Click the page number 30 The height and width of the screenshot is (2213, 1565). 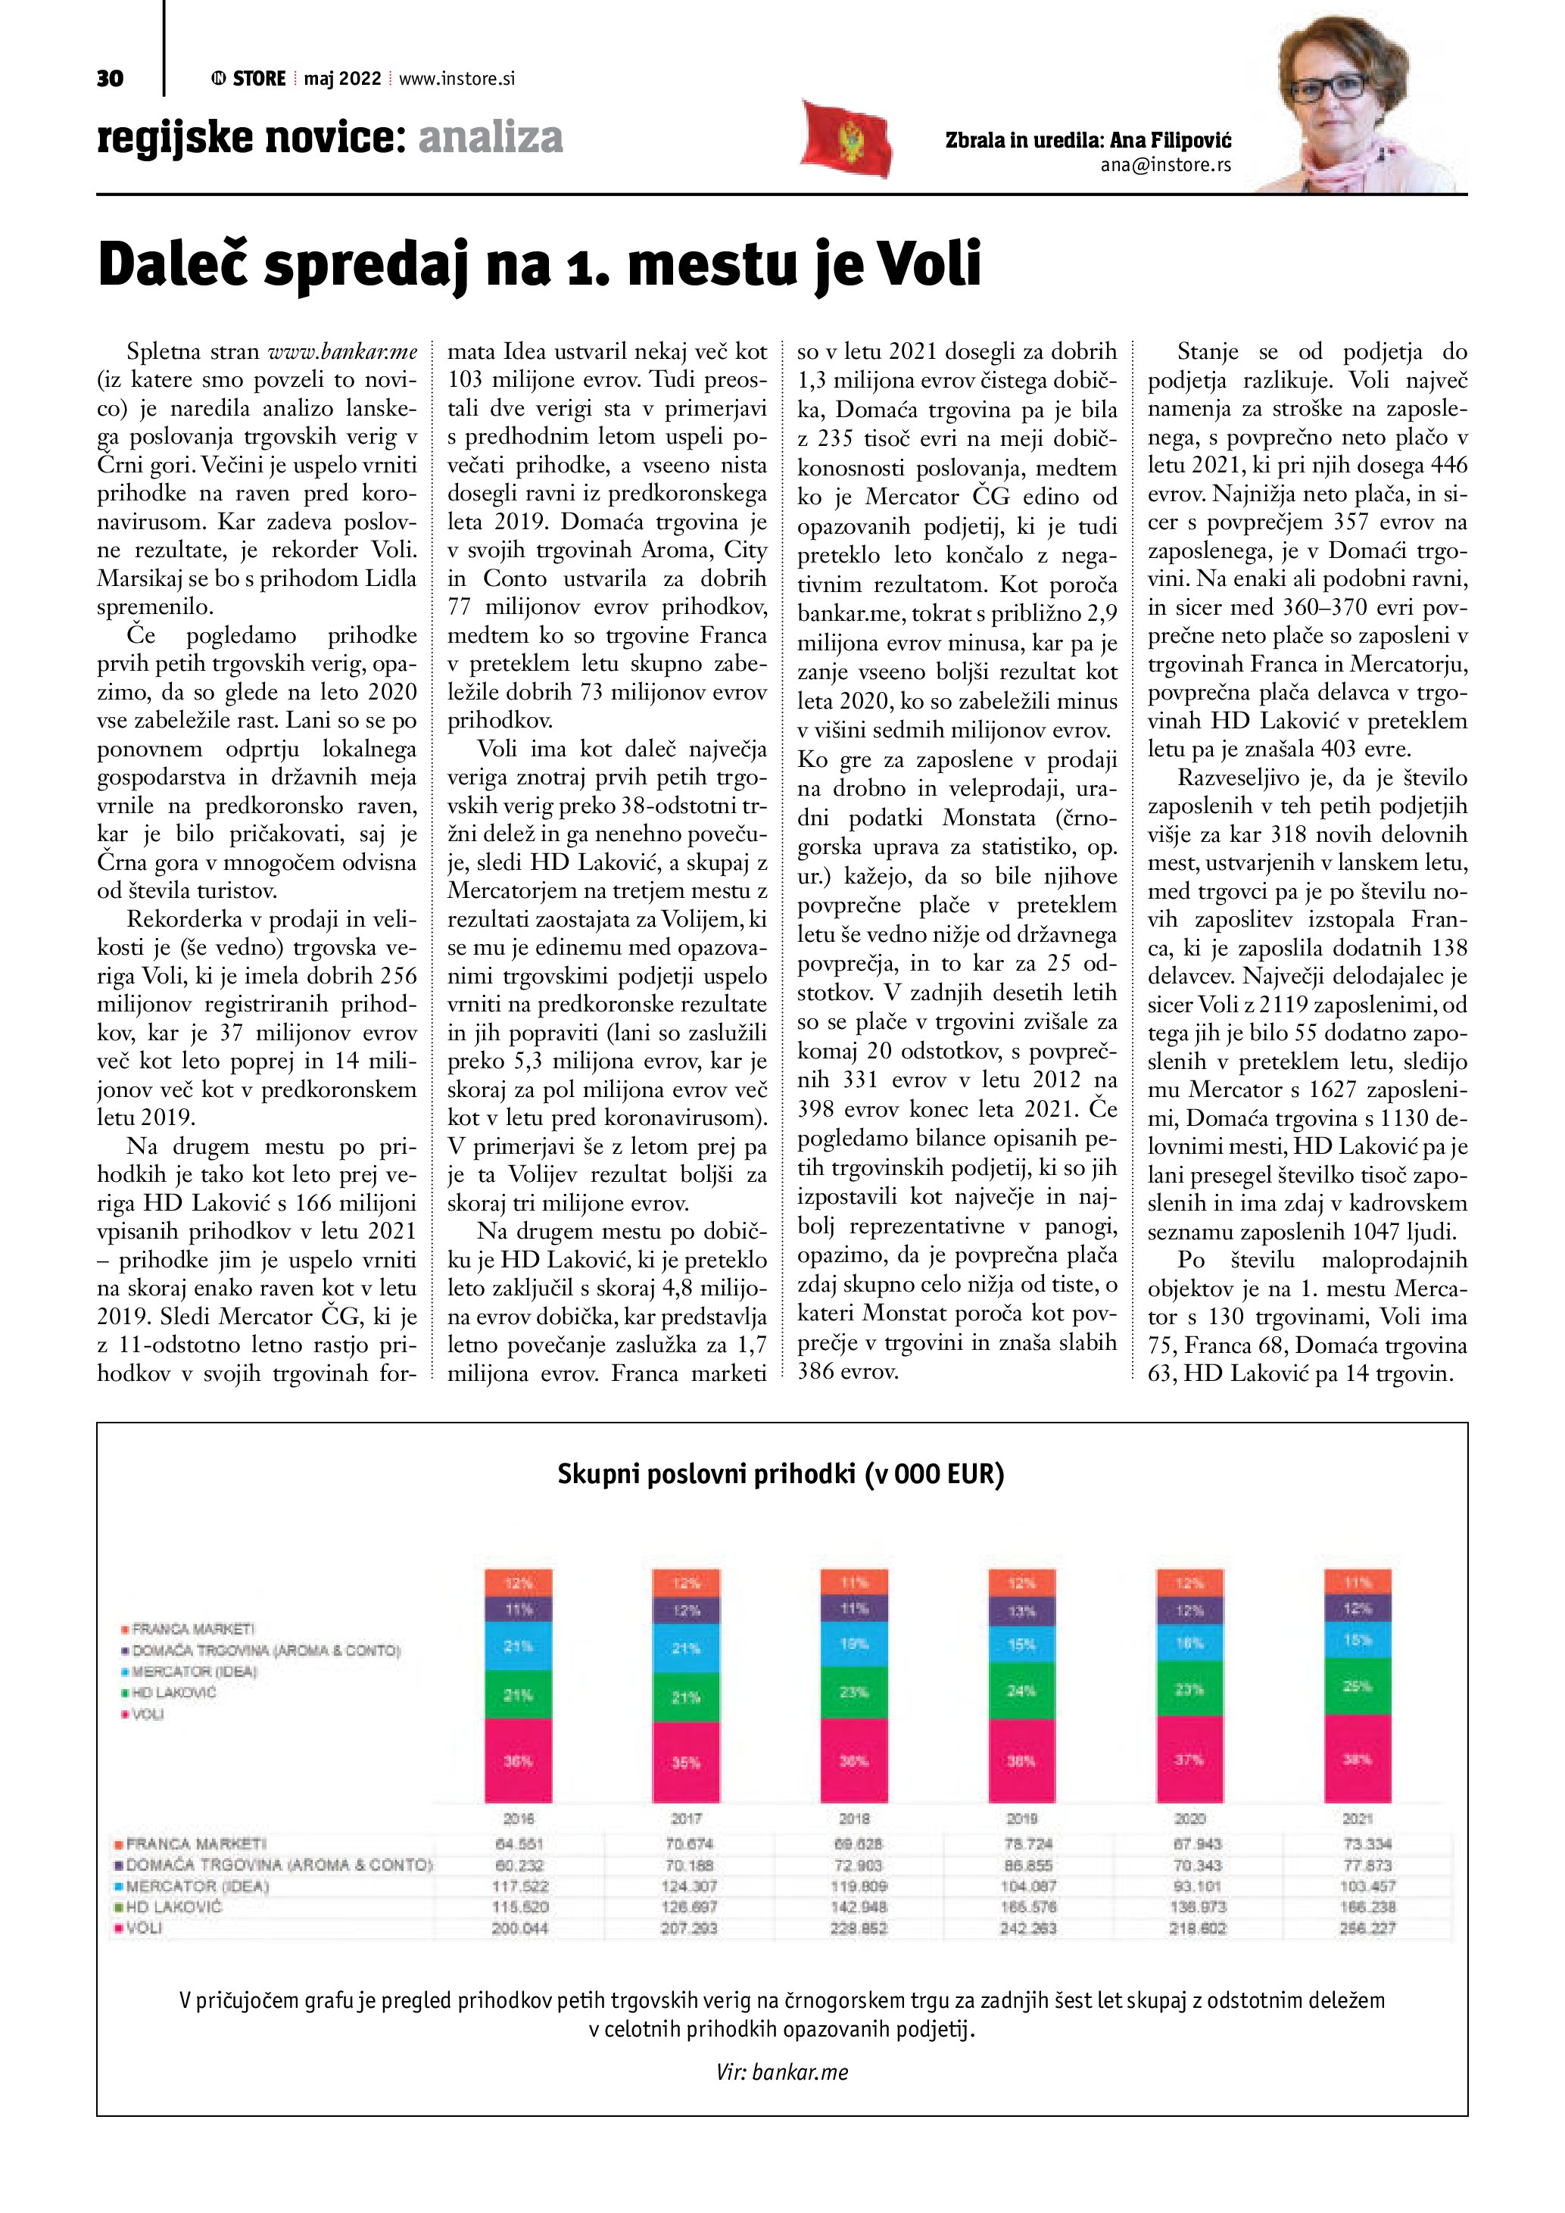pyautogui.click(x=110, y=78)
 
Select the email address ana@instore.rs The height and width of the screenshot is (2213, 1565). pyautogui.click(x=1165, y=165)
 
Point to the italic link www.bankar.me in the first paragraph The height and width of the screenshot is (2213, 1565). pyautogui.click(x=342, y=352)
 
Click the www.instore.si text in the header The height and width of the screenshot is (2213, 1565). pyautogui.click(x=457, y=79)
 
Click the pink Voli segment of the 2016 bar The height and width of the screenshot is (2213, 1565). pyautogui.click(x=519, y=1760)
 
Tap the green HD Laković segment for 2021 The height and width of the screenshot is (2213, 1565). pyautogui.click(x=1357, y=1686)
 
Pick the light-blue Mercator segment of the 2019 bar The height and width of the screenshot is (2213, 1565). pyautogui.click(x=1021, y=1644)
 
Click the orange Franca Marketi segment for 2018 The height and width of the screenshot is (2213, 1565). pyautogui.click(x=854, y=1582)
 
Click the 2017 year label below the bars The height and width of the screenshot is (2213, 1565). pyautogui.click(x=686, y=1819)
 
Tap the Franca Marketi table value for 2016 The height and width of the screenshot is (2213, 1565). pyautogui.click(x=519, y=1844)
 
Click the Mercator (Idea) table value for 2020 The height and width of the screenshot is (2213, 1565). pyautogui.click(x=1197, y=1886)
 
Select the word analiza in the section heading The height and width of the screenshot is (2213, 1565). pyautogui.click(x=491, y=138)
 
